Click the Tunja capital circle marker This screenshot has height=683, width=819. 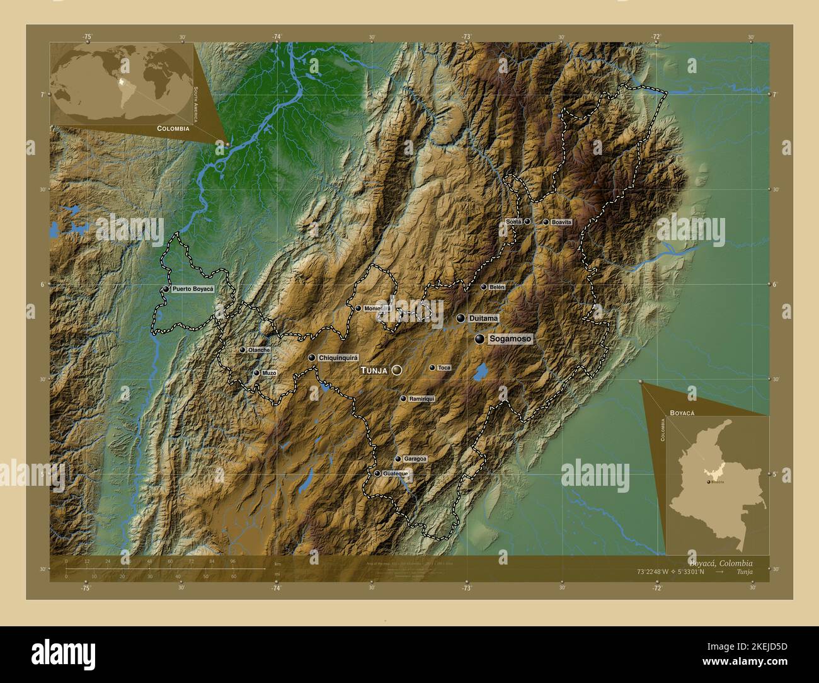[x=396, y=370]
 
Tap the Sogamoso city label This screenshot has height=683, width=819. [x=511, y=339]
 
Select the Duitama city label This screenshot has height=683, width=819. [x=483, y=319]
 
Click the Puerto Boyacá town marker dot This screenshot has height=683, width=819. [x=166, y=289]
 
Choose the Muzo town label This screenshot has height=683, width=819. [x=269, y=373]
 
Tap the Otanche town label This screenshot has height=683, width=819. [x=259, y=350]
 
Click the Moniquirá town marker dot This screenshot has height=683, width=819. [x=358, y=309]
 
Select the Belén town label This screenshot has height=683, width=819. [x=498, y=287]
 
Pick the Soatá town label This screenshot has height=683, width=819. [x=513, y=222]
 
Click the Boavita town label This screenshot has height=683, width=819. [x=561, y=222]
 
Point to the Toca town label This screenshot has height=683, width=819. [x=444, y=367]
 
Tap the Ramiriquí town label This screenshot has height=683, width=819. [x=421, y=399]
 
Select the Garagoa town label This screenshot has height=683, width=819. [x=415, y=459]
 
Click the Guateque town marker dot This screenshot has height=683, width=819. [x=377, y=473]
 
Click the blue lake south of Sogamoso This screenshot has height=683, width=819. [x=480, y=372]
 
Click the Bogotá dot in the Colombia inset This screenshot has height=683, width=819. [x=709, y=481]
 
